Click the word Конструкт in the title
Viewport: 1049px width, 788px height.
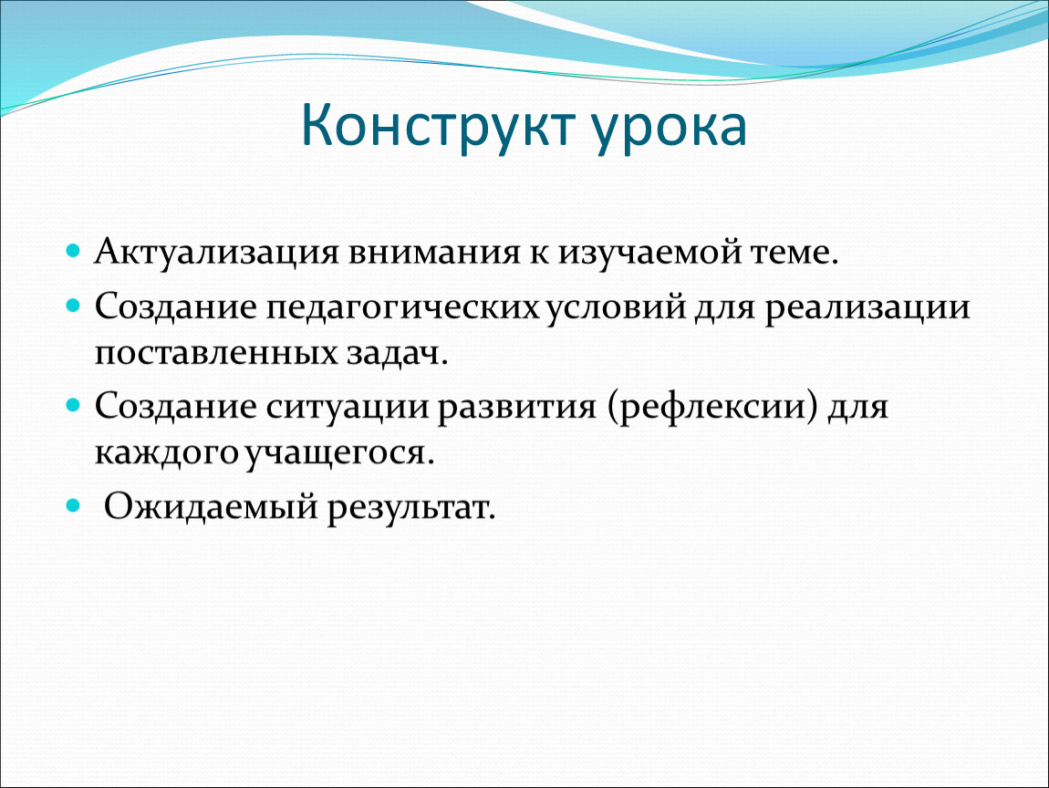pyautogui.click(x=438, y=125)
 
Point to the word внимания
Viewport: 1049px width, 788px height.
pyautogui.click(x=433, y=253)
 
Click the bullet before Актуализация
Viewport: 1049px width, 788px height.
pyautogui.click(x=74, y=252)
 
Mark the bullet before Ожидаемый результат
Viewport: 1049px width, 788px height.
pyautogui.click(x=74, y=506)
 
